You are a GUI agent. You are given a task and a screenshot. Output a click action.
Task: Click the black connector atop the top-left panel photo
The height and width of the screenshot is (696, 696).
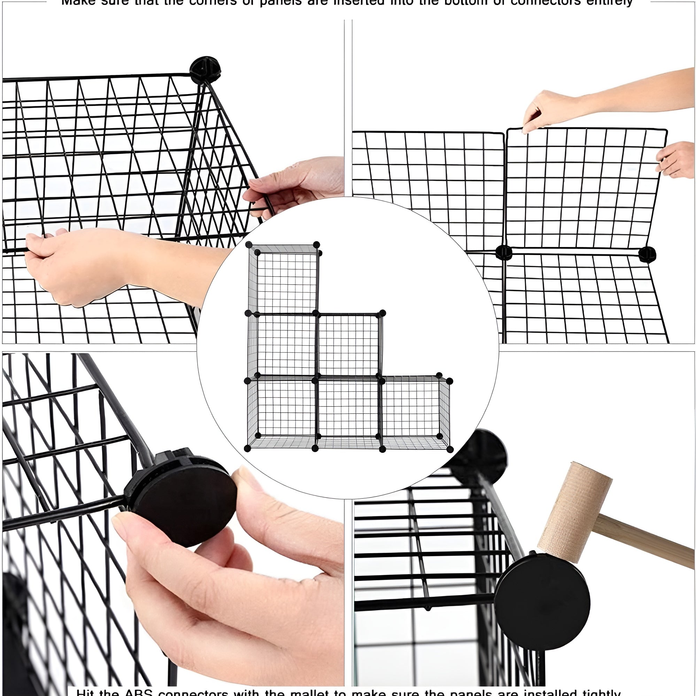[x=204, y=70]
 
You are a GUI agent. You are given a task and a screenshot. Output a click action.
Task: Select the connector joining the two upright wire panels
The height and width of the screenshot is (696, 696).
[x=504, y=252]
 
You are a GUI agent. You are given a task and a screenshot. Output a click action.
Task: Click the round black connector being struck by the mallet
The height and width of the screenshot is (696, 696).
[x=542, y=602]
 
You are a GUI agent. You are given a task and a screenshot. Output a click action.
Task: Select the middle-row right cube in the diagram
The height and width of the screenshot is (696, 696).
[x=349, y=344]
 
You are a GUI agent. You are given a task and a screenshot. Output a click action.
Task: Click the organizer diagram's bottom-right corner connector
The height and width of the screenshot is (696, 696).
[x=450, y=449]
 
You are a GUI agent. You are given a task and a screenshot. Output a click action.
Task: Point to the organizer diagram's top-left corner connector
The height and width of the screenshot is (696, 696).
[x=249, y=245]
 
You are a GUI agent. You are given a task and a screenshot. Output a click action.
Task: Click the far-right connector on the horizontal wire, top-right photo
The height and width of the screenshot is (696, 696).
[x=647, y=254]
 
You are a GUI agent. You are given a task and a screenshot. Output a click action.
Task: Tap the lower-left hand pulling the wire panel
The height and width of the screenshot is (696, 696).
[x=72, y=266]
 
